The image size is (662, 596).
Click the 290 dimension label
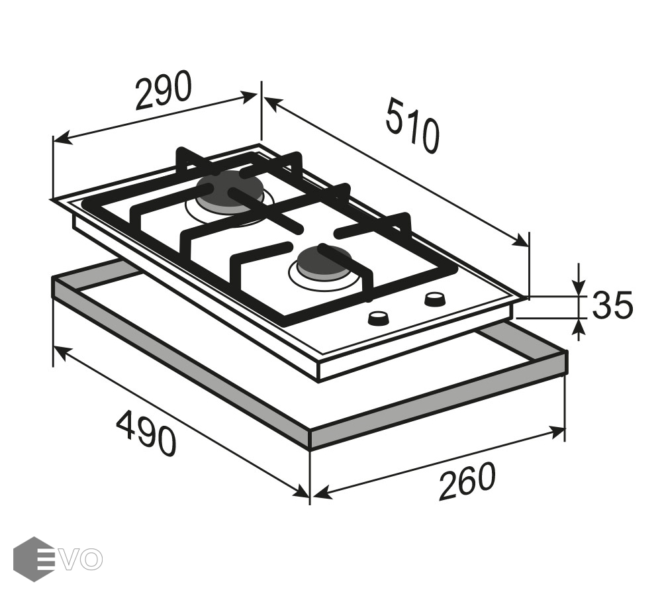pyautogui.click(x=163, y=91)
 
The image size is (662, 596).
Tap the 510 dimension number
pyautogui.click(x=412, y=125)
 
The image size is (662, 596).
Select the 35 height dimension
pyautogui.click(x=612, y=305)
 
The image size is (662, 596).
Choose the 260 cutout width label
pyautogui.click(x=466, y=481)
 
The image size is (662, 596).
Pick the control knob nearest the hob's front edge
pyautogui.click(x=379, y=318)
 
